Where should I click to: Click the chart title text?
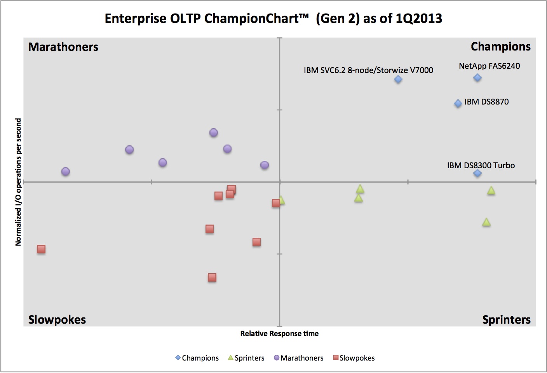pyautogui.click(x=273, y=18)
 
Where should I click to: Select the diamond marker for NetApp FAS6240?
pyautogui.click(x=477, y=78)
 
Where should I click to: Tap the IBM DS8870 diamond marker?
pyautogui.click(x=458, y=103)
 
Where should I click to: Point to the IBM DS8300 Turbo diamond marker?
pyautogui.click(x=477, y=173)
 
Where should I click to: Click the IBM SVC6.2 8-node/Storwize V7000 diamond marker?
pyautogui.click(x=398, y=79)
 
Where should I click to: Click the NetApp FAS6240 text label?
pyautogui.click(x=489, y=66)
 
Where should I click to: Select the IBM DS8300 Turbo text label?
pyautogui.click(x=481, y=166)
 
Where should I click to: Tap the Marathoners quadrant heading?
pyautogui.click(x=63, y=47)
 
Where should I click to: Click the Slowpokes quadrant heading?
pyautogui.click(x=57, y=319)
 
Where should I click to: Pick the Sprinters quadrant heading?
pyautogui.click(x=506, y=319)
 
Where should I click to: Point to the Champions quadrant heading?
pyautogui.click(x=500, y=47)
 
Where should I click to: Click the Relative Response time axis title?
pyautogui.click(x=279, y=333)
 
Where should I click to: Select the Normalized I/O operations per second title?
pyautogui.click(x=18, y=182)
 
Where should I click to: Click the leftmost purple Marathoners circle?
pyautogui.click(x=66, y=171)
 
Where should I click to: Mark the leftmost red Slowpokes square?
pyautogui.click(x=41, y=249)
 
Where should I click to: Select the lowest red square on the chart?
pyautogui.click(x=212, y=277)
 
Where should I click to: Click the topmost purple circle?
pyautogui.click(x=214, y=132)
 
